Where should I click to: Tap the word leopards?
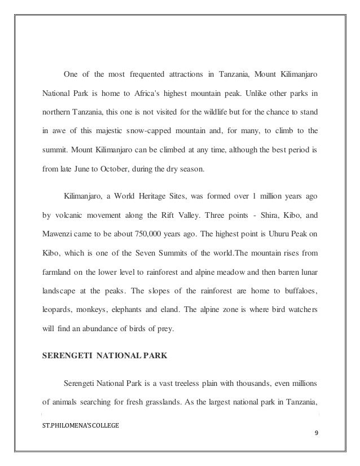click(x=58, y=309)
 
